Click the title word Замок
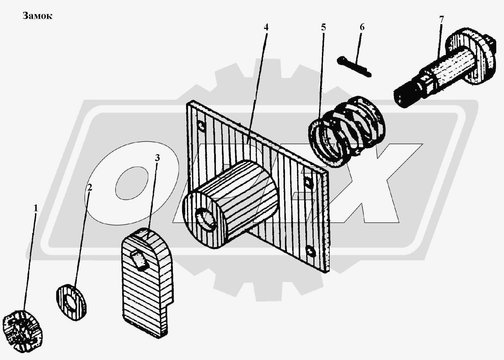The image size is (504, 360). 38,16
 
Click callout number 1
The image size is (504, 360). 36,208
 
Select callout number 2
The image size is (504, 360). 90,188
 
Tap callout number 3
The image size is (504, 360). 157,158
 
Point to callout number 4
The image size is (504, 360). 266,27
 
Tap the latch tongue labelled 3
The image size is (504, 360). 148,282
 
